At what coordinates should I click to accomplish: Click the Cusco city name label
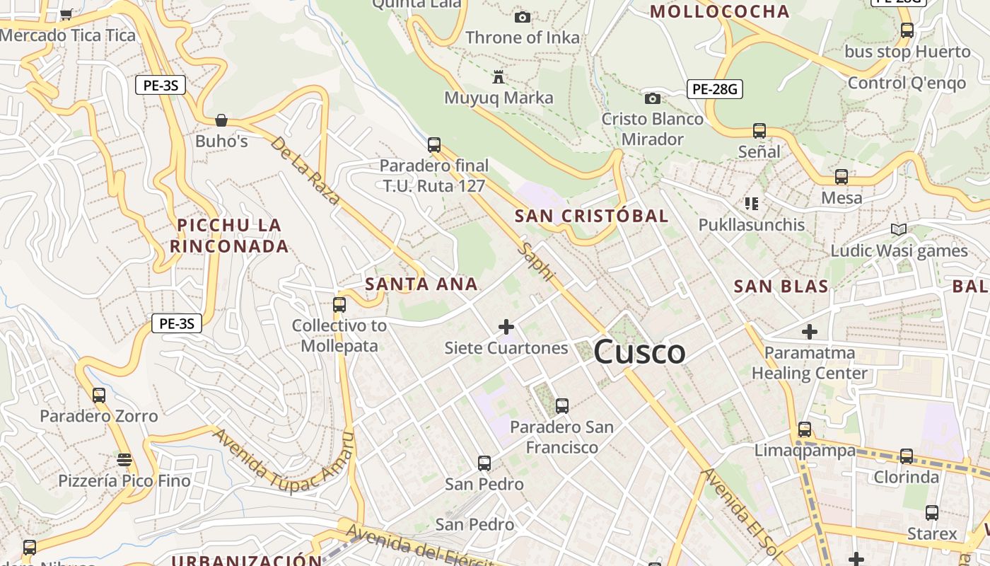(639, 352)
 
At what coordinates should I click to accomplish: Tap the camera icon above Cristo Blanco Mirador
(652, 98)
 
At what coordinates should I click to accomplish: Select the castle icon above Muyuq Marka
(499, 76)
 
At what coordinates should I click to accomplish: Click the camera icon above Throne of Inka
(523, 17)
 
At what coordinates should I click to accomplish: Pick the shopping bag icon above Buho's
(221, 120)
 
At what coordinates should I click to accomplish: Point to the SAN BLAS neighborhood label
(781, 287)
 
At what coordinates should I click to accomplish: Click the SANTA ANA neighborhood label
(421, 284)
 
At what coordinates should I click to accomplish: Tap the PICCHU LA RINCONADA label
(229, 236)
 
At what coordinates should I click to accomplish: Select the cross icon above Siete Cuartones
(506, 327)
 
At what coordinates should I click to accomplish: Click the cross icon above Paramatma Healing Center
(810, 331)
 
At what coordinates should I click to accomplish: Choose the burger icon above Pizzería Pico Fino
(124, 460)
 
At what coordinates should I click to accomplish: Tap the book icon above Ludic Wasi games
(899, 230)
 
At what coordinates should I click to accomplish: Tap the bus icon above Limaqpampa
(805, 429)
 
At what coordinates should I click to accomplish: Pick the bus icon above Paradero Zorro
(99, 395)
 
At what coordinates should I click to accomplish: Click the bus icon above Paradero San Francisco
(562, 406)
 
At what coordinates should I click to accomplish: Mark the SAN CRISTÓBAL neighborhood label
(591, 216)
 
